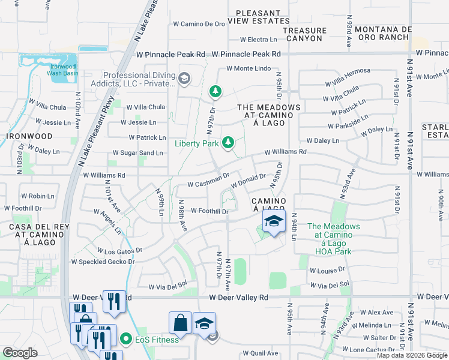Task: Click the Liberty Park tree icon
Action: pos(228,142)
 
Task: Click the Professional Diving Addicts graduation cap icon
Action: pos(184,78)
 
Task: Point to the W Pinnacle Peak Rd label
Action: pos(247,54)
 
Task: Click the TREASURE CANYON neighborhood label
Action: pos(304,34)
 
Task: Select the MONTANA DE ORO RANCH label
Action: pos(383,33)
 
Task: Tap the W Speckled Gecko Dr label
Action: pos(103,262)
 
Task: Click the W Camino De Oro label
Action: pos(199,24)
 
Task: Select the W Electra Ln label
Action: pos(258,40)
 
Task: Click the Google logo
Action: pos(20,353)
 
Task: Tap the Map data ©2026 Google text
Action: pos(412,355)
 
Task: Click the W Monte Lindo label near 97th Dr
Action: pos(249,68)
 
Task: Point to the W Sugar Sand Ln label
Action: pos(142,153)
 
